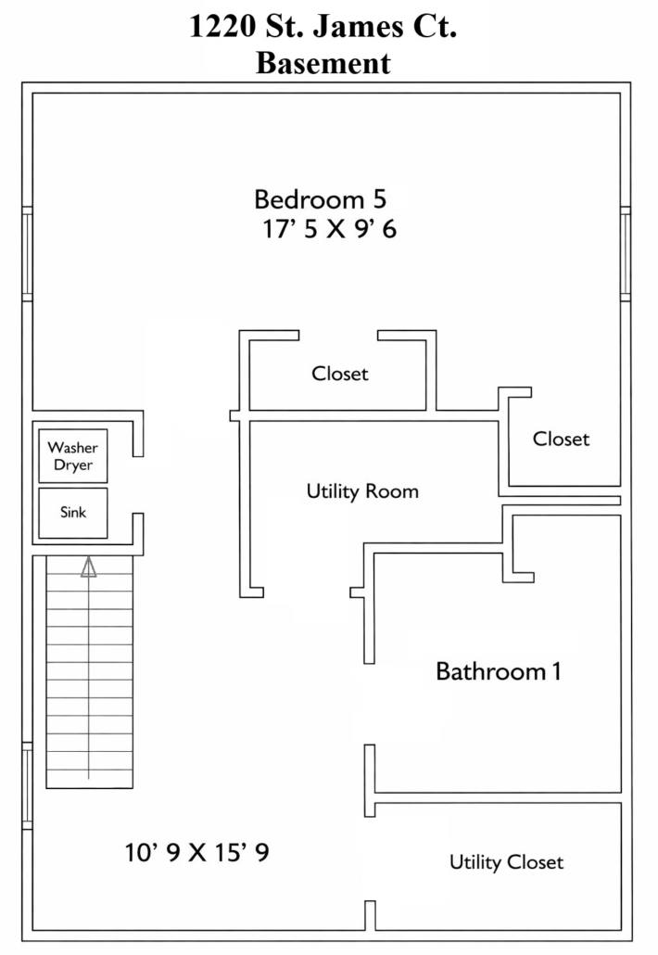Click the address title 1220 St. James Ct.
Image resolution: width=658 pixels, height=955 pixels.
[323, 26]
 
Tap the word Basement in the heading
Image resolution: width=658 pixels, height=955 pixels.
[323, 63]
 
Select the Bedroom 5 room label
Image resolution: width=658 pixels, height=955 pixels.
[320, 199]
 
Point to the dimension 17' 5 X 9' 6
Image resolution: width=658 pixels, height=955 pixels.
[329, 229]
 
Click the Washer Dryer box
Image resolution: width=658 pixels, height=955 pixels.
[73, 456]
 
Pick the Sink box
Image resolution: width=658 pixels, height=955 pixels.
[73, 513]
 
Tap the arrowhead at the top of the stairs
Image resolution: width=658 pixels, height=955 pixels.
[89, 567]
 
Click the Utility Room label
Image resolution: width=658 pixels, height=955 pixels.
[362, 491]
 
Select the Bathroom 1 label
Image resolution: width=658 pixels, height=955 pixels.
[498, 671]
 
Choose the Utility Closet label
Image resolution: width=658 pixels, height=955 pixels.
[506, 862]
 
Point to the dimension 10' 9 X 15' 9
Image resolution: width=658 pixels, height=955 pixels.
[196, 852]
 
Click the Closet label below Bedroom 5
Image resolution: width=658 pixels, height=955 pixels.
[339, 374]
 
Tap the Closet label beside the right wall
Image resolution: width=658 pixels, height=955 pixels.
[561, 439]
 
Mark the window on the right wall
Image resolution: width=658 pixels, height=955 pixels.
[626, 254]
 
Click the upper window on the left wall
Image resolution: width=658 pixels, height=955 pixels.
[28, 254]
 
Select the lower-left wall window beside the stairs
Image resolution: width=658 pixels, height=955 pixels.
[28, 785]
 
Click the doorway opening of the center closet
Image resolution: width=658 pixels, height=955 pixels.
[338, 336]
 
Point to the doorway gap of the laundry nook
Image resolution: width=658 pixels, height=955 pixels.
[138, 485]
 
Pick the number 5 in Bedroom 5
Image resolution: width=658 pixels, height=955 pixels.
[379, 199]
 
